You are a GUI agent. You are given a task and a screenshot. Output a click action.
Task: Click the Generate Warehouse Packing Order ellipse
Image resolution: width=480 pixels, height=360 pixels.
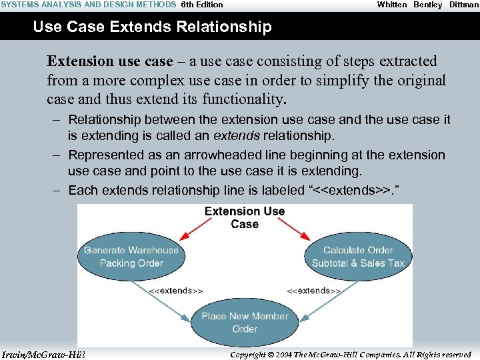click(131, 257)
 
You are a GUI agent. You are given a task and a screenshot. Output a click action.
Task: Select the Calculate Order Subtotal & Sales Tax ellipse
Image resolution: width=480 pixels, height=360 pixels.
click(358, 257)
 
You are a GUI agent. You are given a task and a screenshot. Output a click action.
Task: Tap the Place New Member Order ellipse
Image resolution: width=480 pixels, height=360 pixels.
click(245, 322)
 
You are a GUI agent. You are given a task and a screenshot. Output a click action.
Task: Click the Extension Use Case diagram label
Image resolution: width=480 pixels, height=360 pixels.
click(245, 217)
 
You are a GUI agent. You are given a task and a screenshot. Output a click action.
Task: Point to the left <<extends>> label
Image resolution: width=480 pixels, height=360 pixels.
click(175, 291)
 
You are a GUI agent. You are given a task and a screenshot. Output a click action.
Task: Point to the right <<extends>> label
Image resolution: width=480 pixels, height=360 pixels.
click(313, 291)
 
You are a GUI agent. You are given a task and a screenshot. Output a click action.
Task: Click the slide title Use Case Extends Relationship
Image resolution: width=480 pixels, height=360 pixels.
click(152, 27)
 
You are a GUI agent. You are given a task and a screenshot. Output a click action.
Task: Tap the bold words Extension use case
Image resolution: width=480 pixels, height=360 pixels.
click(109, 61)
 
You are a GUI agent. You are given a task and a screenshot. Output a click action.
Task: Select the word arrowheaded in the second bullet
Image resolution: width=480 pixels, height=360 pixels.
click(220, 155)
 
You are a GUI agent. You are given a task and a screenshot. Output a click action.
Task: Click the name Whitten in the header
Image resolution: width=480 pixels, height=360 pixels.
click(392, 5)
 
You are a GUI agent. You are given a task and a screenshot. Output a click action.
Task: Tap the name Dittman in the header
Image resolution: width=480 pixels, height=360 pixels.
click(463, 5)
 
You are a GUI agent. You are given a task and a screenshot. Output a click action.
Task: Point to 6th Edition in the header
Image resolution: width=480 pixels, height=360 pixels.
click(202, 5)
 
